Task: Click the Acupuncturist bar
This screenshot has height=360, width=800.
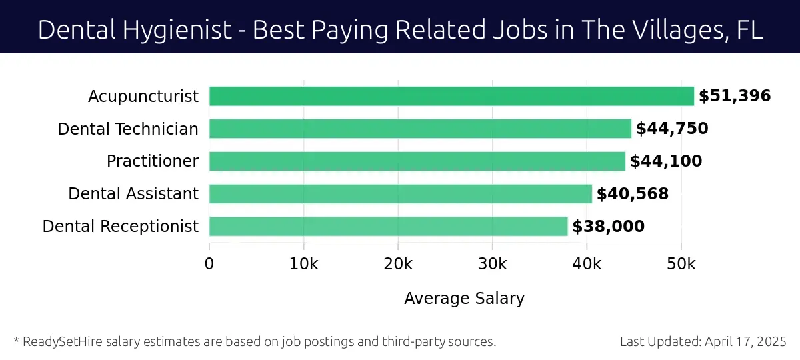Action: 451,96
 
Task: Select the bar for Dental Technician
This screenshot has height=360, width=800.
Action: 420,129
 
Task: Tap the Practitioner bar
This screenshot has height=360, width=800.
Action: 417,161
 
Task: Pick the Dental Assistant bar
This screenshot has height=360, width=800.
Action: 401,194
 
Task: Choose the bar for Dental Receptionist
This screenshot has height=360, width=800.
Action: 388,227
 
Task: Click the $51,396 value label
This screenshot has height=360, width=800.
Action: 735,96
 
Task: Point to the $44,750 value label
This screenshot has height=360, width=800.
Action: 672,129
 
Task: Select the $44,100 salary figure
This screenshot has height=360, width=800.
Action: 666,161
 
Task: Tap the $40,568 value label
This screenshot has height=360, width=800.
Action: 633,194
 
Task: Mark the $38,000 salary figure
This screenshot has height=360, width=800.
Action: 609,227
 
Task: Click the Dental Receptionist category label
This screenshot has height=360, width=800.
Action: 121,227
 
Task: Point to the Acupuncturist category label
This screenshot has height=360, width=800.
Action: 143,97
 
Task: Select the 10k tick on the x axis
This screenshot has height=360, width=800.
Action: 304,264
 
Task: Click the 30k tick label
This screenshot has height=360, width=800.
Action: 493,264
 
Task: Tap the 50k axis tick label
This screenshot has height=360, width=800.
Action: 681,264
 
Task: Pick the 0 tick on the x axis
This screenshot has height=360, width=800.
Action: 209,264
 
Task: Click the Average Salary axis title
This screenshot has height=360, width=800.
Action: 464,298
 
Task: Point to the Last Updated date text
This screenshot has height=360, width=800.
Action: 703,342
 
